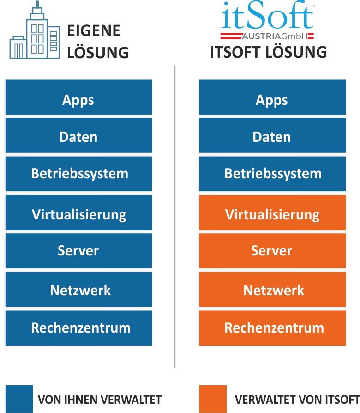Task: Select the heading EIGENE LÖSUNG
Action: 97,42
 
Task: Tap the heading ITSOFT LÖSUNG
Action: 268,52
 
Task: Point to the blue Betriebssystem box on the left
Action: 78,174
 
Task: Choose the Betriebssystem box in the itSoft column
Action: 272,174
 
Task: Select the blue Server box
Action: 78,251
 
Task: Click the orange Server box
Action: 272,251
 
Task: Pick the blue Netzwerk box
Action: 78,290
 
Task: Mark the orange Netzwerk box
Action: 272,290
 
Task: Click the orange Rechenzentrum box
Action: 272,328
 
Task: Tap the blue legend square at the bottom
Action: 19,399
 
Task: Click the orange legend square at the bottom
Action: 213,399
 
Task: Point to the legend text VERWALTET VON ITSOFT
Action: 297,399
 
